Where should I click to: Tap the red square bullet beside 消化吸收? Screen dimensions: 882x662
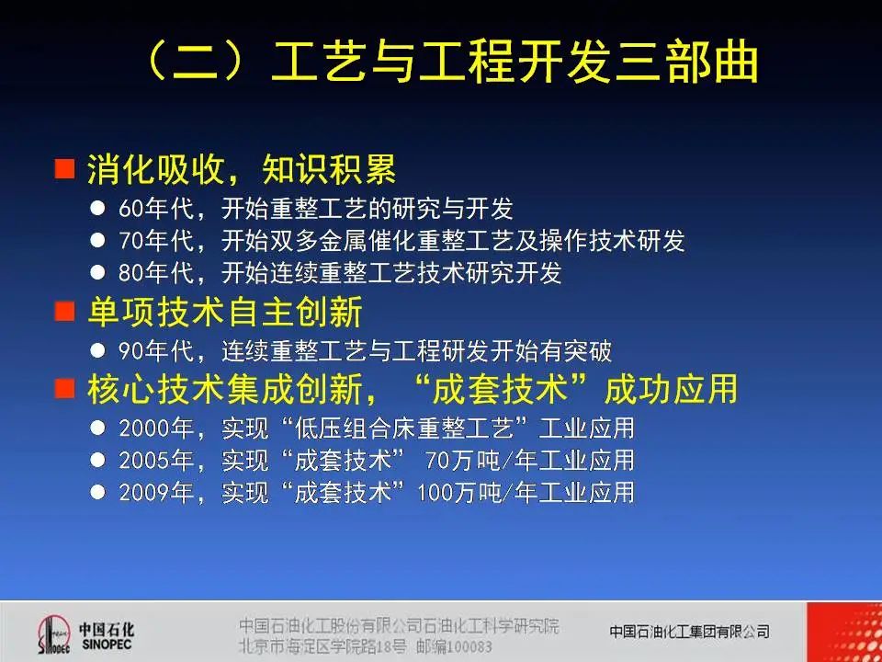tap(64, 169)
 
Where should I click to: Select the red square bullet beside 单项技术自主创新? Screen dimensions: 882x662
tap(64, 312)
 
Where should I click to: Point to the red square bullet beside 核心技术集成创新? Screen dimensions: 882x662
tap(64, 388)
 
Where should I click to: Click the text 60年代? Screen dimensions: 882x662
tap(155, 209)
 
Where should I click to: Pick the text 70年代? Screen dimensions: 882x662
tap(155, 241)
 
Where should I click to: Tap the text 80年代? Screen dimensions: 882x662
tap(155, 273)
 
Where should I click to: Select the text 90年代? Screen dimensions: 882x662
tap(155, 351)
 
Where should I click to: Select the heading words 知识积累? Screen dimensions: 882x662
tap(330, 169)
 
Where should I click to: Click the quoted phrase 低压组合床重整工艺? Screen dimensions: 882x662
tap(403, 428)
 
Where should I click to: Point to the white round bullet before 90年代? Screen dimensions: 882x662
tap(97, 351)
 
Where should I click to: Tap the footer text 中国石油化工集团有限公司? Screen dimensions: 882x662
tap(689, 632)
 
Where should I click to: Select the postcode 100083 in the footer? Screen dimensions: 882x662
tap(469, 646)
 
